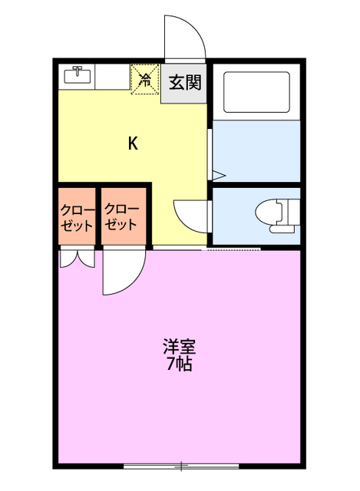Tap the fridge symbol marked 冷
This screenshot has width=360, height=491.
(x=144, y=79)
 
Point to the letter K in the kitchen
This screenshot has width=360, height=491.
(x=132, y=143)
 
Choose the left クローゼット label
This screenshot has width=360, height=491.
(x=77, y=218)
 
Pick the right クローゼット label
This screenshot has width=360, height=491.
(x=122, y=217)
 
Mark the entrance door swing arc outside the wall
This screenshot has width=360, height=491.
(x=184, y=38)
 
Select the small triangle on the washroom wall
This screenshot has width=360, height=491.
(x=216, y=174)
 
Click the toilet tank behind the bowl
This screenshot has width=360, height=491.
(x=290, y=213)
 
